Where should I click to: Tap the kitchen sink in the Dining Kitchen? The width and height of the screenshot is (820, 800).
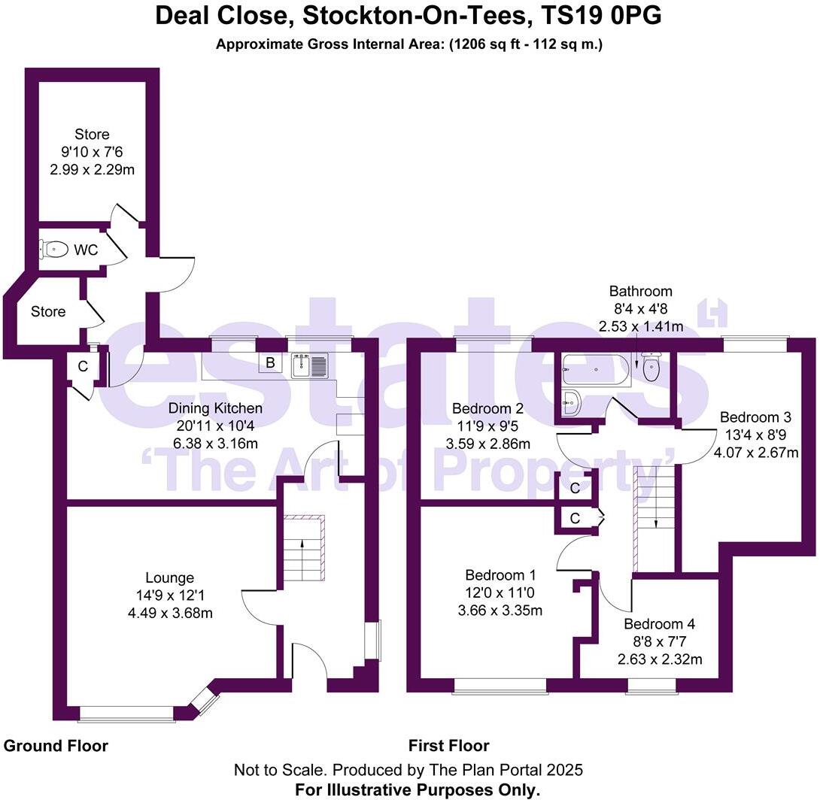(x=309, y=365)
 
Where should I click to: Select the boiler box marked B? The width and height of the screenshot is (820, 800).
(x=269, y=364)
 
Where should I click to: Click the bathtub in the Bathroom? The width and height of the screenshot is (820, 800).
(x=595, y=369)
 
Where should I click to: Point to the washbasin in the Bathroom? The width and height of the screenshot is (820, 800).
(x=572, y=402)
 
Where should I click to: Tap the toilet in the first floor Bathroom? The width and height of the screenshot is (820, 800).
(x=650, y=368)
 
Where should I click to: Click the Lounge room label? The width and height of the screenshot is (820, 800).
(x=169, y=578)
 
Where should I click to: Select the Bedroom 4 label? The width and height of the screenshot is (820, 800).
(x=659, y=624)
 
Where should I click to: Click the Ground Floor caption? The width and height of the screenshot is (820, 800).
(x=56, y=746)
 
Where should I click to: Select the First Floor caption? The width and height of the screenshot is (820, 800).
(x=448, y=746)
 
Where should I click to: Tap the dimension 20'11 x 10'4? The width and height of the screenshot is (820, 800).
(x=215, y=426)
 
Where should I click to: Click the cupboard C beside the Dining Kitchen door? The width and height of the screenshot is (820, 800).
(x=83, y=367)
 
